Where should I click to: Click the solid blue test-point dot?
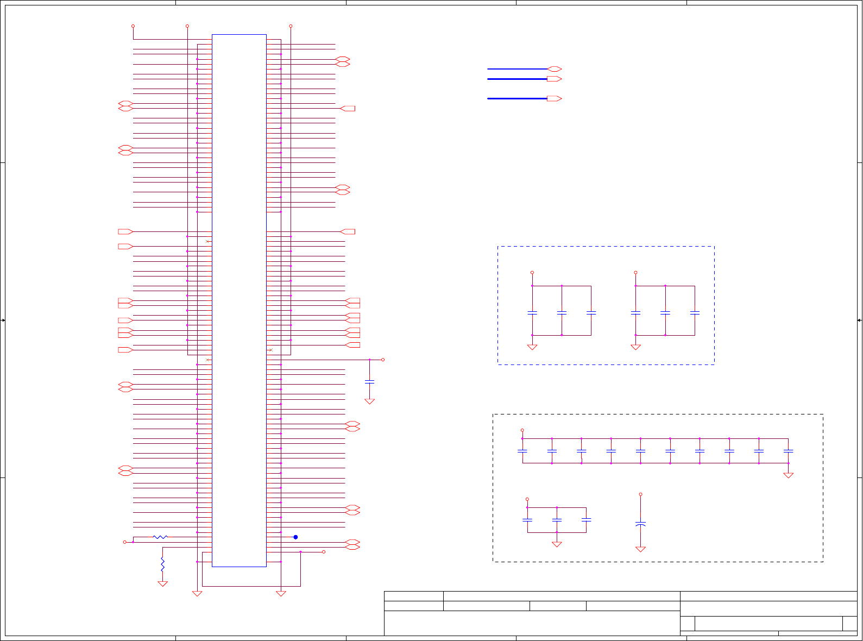[295, 537]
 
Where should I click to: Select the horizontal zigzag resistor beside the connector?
[160, 537]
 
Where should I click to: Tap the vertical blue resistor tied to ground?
[162, 564]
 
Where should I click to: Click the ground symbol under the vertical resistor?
[162, 584]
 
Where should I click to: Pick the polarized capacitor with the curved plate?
[640, 524]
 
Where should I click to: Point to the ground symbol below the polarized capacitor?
[640, 549]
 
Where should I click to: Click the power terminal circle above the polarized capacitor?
[640, 494]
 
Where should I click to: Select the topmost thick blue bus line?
[517, 69]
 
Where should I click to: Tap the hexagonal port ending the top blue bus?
[555, 69]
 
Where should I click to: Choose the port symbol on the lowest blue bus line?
[555, 99]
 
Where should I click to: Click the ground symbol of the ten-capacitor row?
[788, 475]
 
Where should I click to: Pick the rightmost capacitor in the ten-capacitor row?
[788, 451]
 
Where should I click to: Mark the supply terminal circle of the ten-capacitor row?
[522, 430]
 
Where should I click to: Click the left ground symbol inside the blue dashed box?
[532, 347]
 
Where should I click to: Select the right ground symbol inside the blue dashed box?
[635, 347]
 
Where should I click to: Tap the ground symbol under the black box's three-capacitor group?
[557, 544]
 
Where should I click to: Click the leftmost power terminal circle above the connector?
[133, 26]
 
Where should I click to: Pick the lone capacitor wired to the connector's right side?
[369, 382]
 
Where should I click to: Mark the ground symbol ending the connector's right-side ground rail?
[281, 594]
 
